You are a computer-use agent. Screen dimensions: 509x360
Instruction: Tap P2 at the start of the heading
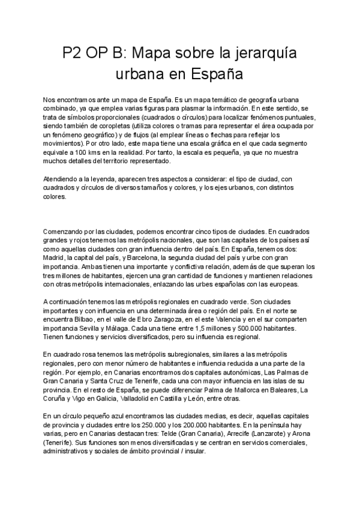point(74,55)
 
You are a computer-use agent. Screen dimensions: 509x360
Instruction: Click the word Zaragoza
point(170,320)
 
